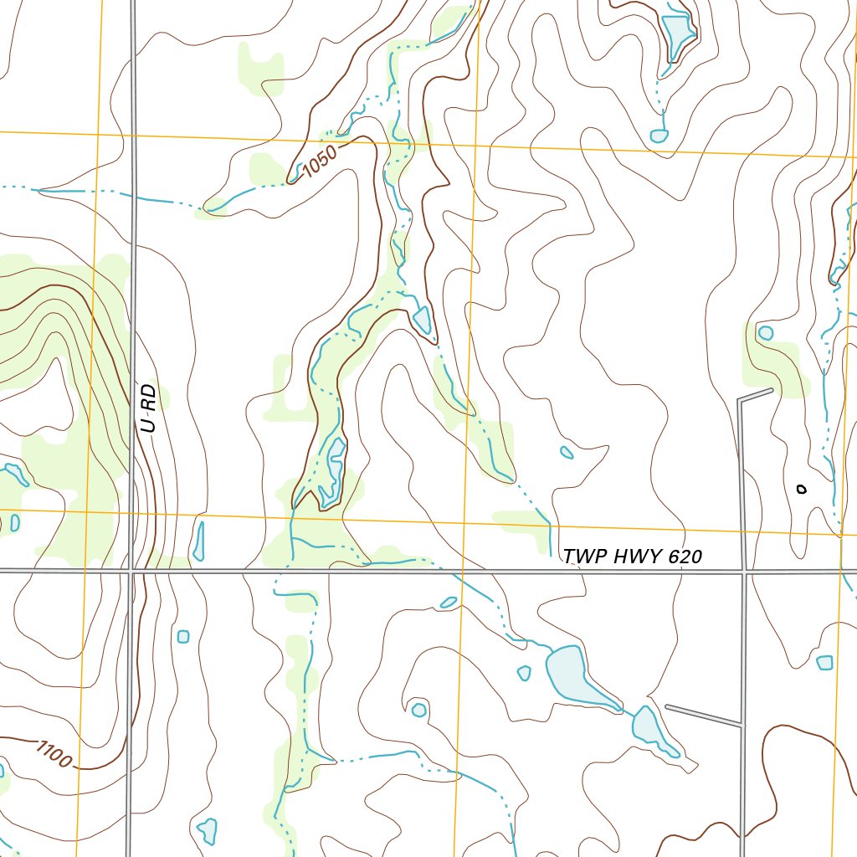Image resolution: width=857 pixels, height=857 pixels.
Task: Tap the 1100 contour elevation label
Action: coord(54,753)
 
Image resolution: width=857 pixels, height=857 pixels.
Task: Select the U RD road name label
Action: coord(149,408)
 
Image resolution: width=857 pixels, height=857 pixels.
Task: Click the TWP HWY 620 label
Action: coord(632,557)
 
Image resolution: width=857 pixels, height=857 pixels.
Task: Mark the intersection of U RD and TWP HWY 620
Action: coord(132,571)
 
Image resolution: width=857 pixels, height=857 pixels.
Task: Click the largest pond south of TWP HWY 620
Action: coord(572,675)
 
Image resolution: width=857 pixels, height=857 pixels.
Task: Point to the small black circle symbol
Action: coord(801,489)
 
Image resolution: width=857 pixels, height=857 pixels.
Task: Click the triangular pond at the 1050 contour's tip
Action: coord(423,320)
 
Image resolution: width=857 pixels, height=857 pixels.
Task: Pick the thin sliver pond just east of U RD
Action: coord(199,541)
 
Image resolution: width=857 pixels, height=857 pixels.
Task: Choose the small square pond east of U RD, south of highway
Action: coord(183,637)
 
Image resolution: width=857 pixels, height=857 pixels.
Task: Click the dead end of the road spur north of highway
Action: coord(770,390)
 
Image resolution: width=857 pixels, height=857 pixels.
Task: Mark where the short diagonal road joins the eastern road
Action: coord(742,724)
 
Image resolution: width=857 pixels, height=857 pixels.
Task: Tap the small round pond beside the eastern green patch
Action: coord(765,332)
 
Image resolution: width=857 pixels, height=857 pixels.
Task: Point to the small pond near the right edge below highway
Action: coord(824,663)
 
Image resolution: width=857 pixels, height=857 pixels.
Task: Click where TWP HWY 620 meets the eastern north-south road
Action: coord(743,572)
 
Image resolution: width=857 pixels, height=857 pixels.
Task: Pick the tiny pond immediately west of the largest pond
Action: coord(524,673)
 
